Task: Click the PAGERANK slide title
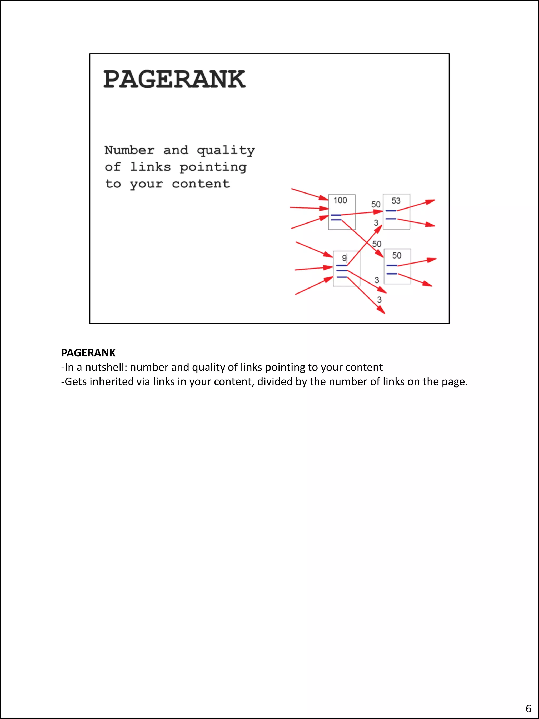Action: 174,79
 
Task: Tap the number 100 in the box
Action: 340,200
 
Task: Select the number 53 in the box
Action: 396,201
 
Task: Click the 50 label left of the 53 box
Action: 376,205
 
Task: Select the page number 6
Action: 528,708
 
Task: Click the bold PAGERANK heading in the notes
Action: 88,353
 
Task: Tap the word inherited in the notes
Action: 111,381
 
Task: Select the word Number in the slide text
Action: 129,150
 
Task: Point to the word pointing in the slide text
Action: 213,167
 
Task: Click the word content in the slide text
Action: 201,184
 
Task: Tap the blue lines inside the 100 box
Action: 336,217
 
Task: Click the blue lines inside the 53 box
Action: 391,215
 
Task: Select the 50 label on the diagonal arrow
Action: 377,244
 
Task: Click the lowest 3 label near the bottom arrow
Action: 379,300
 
